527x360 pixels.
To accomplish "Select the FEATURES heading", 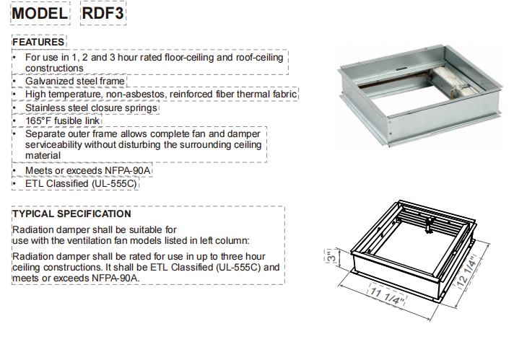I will pyautogui.click(x=39, y=43).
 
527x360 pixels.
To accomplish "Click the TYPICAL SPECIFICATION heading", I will pyautogui.click(x=71, y=214).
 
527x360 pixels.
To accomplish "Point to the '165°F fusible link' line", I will pyautogui.click(x=62, y=120).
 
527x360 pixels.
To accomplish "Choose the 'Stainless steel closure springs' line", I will pyautogui.click(x=91, y=107).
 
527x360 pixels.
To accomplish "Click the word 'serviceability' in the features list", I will pyautogui.click(x=59, y=145).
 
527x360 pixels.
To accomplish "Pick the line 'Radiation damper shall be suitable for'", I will pyautogui.click(x=90, y=229).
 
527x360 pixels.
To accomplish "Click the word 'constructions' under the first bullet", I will pyautogui.click(x=54, y=68).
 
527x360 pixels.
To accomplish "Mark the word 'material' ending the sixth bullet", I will pyautogui.click(x=43, y=156).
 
